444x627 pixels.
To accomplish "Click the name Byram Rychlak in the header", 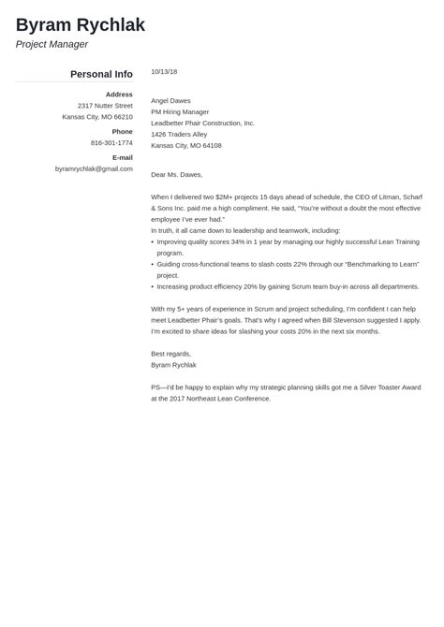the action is pos(81,24).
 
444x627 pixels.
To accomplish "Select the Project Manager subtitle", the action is pos(52,44).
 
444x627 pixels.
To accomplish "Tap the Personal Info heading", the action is pos(101,74).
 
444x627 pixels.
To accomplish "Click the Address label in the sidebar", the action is pos(119,95).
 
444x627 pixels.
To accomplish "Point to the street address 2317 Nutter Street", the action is pos(105,106).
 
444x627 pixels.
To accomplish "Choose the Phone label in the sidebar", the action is pos(123,132).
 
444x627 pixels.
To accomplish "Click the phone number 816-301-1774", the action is pos(111,143).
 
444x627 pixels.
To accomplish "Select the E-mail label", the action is pos(122,158).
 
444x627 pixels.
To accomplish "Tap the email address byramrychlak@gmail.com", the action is pos(94,169).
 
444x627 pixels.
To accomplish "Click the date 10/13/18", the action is pos(164,72).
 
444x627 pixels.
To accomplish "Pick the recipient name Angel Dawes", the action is pos(170,100).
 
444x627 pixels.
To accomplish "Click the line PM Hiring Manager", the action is pos(180,111).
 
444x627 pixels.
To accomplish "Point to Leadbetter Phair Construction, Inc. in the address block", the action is pos(202,123).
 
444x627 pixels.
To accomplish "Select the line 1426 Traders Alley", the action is pos(179,134).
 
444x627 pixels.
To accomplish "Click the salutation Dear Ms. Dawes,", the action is pos(176,174).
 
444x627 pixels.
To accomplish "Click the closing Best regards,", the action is pos(170,354).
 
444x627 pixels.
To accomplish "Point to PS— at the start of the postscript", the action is pos(157,387).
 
